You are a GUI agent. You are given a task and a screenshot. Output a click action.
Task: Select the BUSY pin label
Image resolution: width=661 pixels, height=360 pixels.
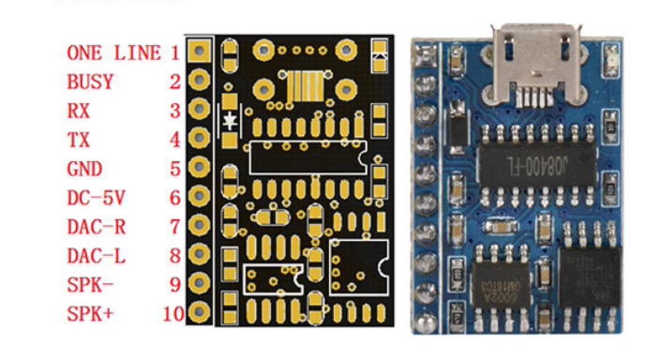pos(90,82)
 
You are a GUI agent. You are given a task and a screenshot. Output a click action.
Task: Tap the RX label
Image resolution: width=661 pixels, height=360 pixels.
pos(79,111)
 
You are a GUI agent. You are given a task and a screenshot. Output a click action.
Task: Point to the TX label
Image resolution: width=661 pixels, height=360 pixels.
pos(79,140)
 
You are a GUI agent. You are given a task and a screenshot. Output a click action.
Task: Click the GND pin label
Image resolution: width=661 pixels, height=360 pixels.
pos(84,169)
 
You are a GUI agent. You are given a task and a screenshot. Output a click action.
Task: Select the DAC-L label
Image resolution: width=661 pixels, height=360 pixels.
pos(96,256)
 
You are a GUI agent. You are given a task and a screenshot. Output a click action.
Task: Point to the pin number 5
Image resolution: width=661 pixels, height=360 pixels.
pos(174,169)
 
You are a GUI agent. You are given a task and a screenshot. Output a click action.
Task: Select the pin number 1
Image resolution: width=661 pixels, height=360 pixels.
pos(174,52)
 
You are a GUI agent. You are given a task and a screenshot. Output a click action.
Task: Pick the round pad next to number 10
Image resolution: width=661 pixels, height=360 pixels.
pos(199,312)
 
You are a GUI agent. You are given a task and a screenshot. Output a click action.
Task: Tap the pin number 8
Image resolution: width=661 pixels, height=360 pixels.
pos(174,256)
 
